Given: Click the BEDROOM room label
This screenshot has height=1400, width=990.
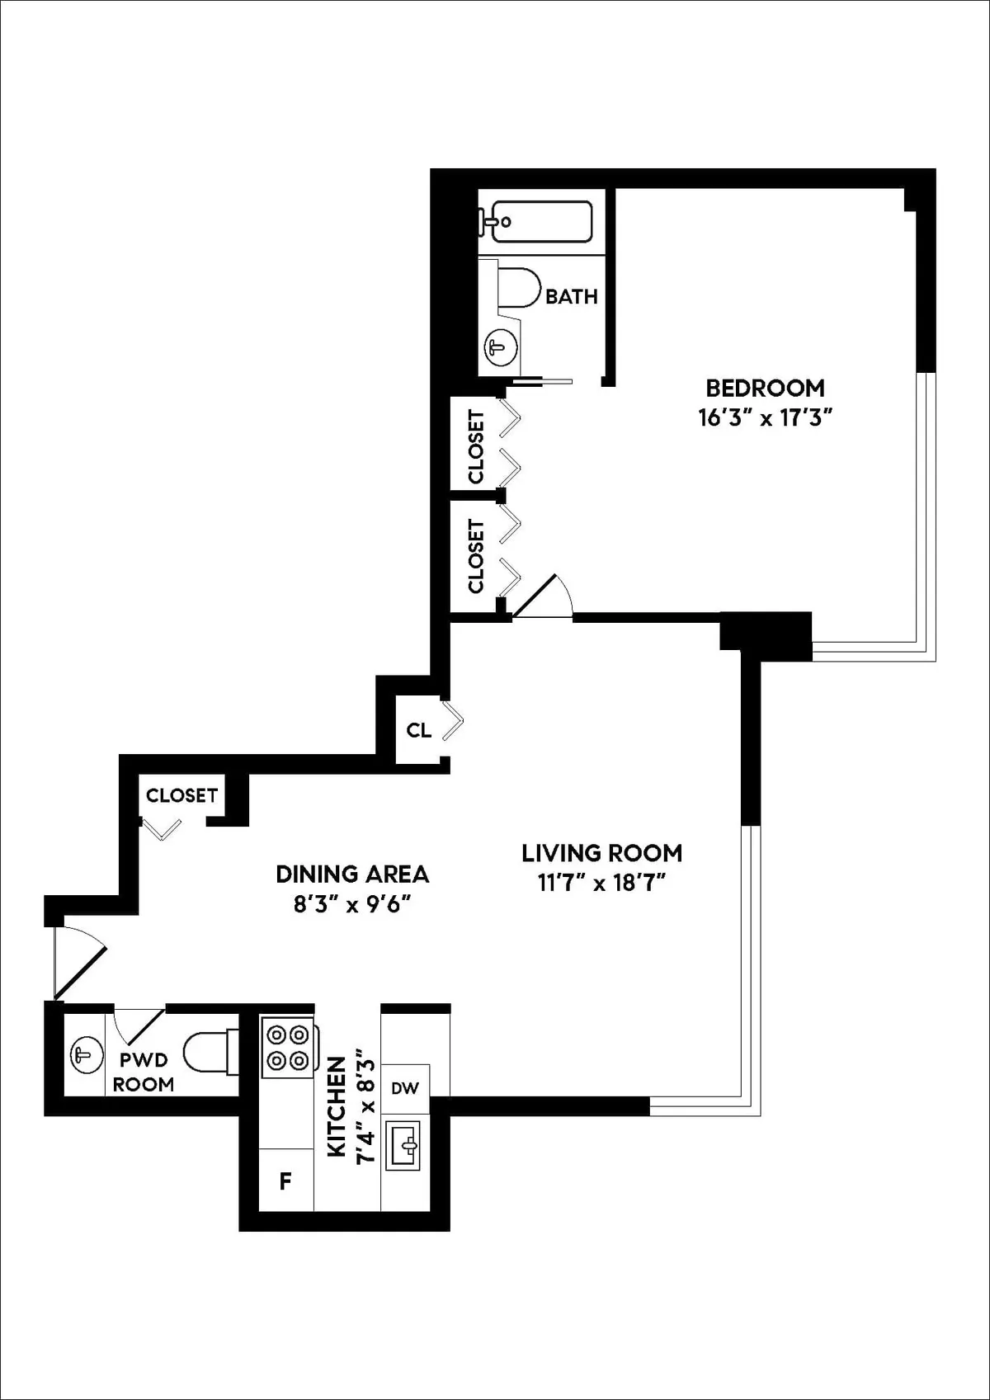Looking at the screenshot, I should click(x=764, y=388).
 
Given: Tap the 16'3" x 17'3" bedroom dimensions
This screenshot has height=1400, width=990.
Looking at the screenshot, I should click(x=764, y=418).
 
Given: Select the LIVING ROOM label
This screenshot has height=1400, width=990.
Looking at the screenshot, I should click(x=601, y=853).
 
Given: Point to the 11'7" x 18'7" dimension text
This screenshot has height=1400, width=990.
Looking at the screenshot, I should click(x=601, y=884).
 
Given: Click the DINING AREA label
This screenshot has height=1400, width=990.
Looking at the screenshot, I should click(x=352, y=874).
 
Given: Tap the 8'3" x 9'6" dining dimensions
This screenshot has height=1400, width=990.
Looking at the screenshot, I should click(x=352, y=905).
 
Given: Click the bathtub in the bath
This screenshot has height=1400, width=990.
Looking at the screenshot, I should click(x=535, y=222).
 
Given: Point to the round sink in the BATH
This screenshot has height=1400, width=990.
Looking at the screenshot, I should click(x=498, y=346).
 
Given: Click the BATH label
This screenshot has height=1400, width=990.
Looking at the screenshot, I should click(x=571, y=296).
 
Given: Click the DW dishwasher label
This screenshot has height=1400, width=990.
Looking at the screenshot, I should click(x=405, y=1088).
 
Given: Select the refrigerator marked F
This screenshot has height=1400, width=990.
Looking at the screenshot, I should click(x=285, y=1181).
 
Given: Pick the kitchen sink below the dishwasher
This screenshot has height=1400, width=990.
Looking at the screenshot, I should click(x=405, y=1144).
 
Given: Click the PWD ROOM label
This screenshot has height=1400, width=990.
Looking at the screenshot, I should click(x=144, y=1072).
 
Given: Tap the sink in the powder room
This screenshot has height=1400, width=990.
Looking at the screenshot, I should click(x=84, y=1055).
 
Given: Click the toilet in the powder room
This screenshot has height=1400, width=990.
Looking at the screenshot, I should click(x=206, y=1055).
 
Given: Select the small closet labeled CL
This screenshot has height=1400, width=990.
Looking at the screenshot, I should click(x=419, y=730).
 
